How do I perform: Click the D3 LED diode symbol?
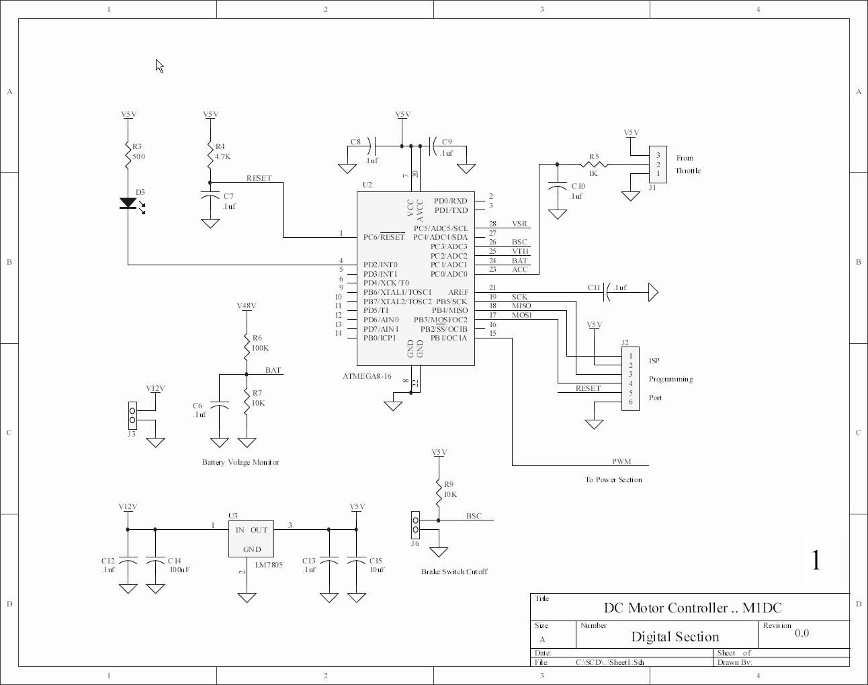(128, 203)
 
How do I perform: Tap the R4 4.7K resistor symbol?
(210, 154)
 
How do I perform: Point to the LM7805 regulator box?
(251, 539)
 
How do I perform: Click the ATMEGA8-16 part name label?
(367, 376)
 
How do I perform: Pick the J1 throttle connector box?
(658, 165)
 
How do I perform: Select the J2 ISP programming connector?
(630, 379)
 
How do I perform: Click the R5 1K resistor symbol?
(594, 164)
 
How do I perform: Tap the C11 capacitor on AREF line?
(608, 292)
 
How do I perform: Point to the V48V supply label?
(247, 306)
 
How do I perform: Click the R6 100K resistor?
(247, 347)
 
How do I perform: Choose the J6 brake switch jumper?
(415, 525)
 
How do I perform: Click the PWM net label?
(621, 461)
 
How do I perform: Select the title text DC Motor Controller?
(693, 608)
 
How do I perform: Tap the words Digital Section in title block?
(675, 637)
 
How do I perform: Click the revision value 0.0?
(802, 633)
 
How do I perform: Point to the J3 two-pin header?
(132, 416)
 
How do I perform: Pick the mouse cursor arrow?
(159, 66)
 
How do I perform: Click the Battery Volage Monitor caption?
(241, 462)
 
